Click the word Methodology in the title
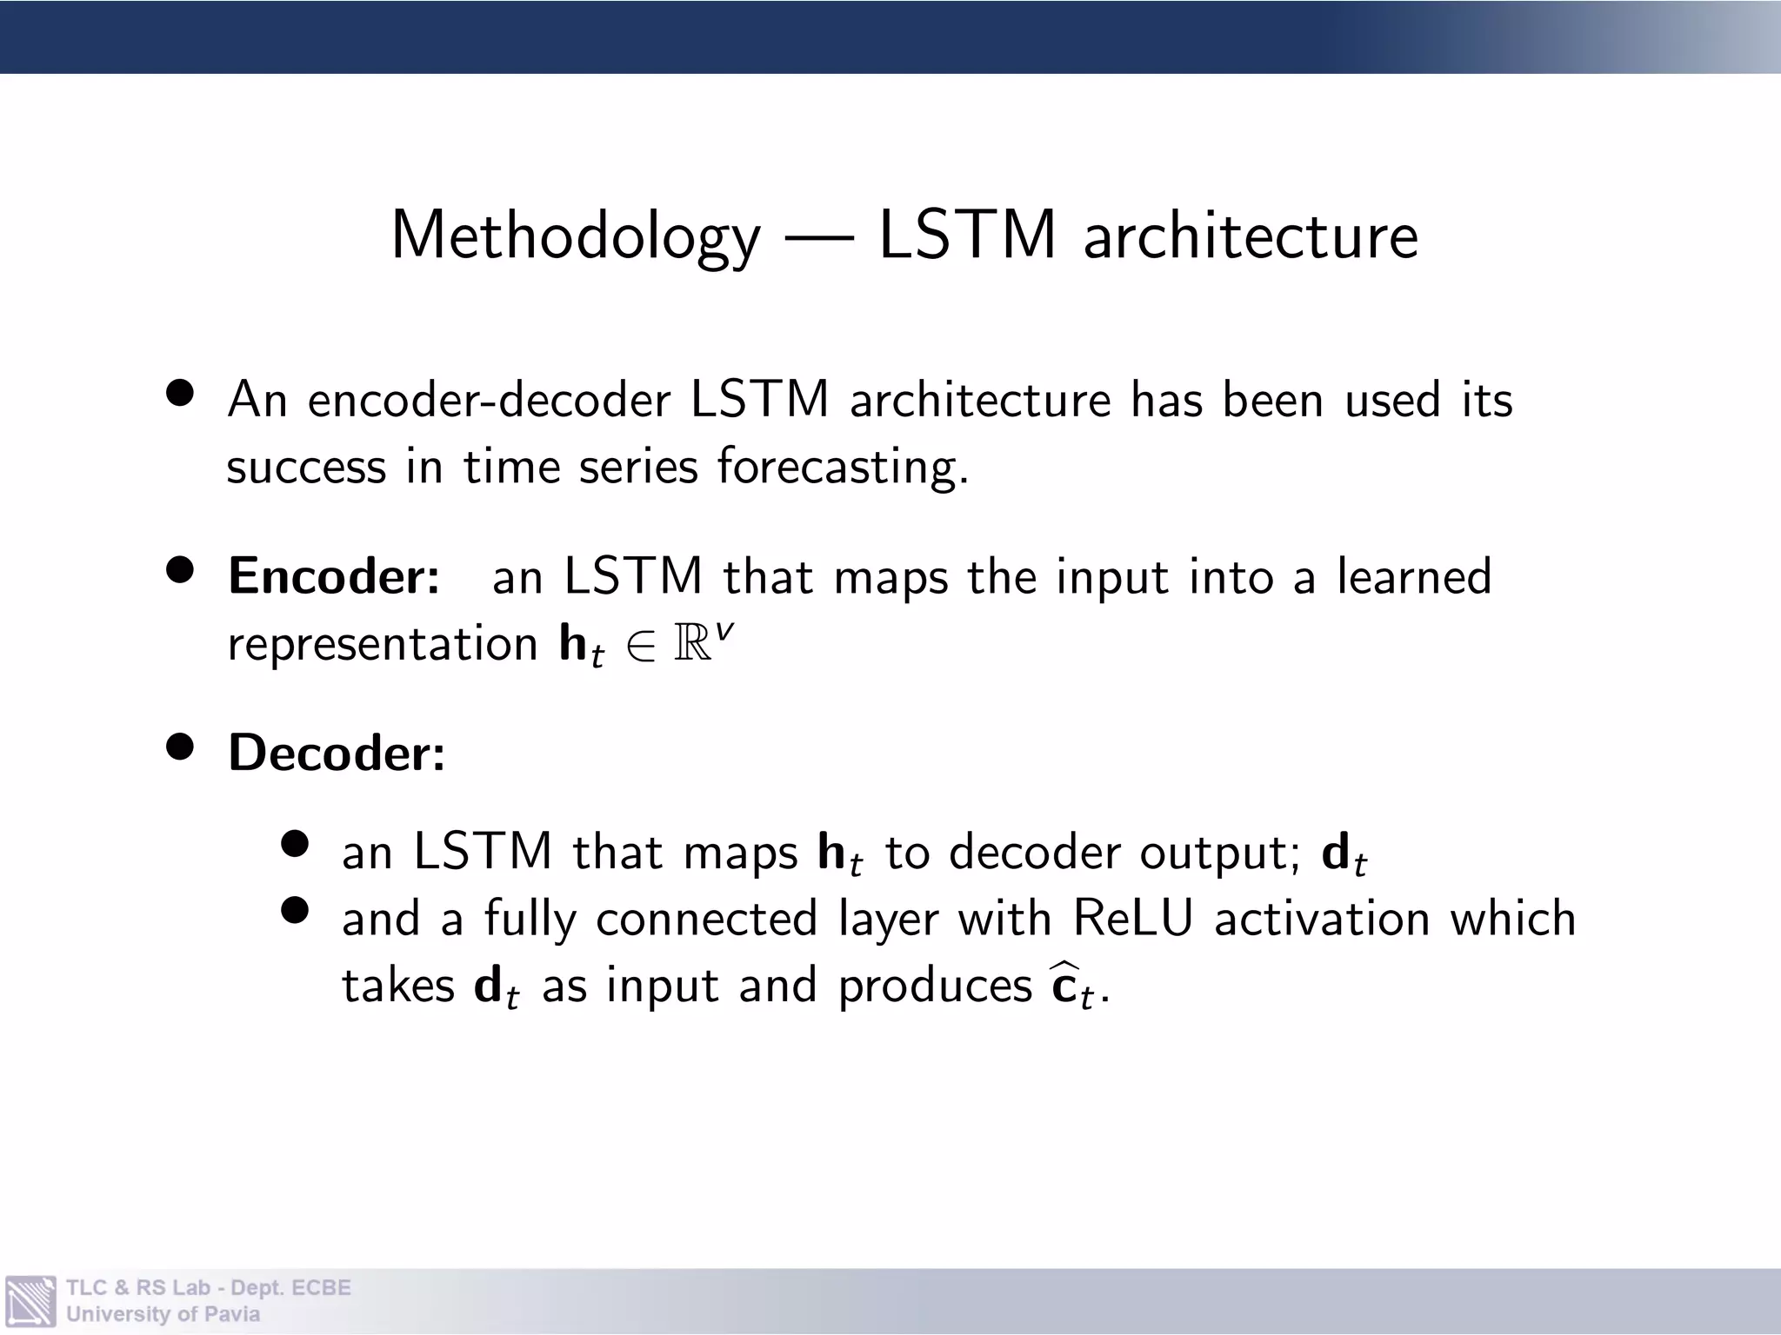(x=575, y=236)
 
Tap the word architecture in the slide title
(x=1251, y=236)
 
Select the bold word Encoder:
(x=334, y=576)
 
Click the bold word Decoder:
(x=337, y=753)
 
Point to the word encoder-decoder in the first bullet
(x=489, y=401)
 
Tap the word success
(x=306, y=468)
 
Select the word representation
(x=383, y=644)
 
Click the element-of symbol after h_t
(x=639, y=648)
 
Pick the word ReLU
(x=1133, y=919)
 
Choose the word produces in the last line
(x=935, y=986)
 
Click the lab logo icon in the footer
(x=30, y=1301)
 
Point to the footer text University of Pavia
(x=163, y=1314)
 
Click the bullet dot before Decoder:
(x=180, y=747)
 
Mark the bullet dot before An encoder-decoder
(x=180, y=394)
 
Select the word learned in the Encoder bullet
(x=1414, y=576)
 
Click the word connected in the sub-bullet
(x=706, y=919)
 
